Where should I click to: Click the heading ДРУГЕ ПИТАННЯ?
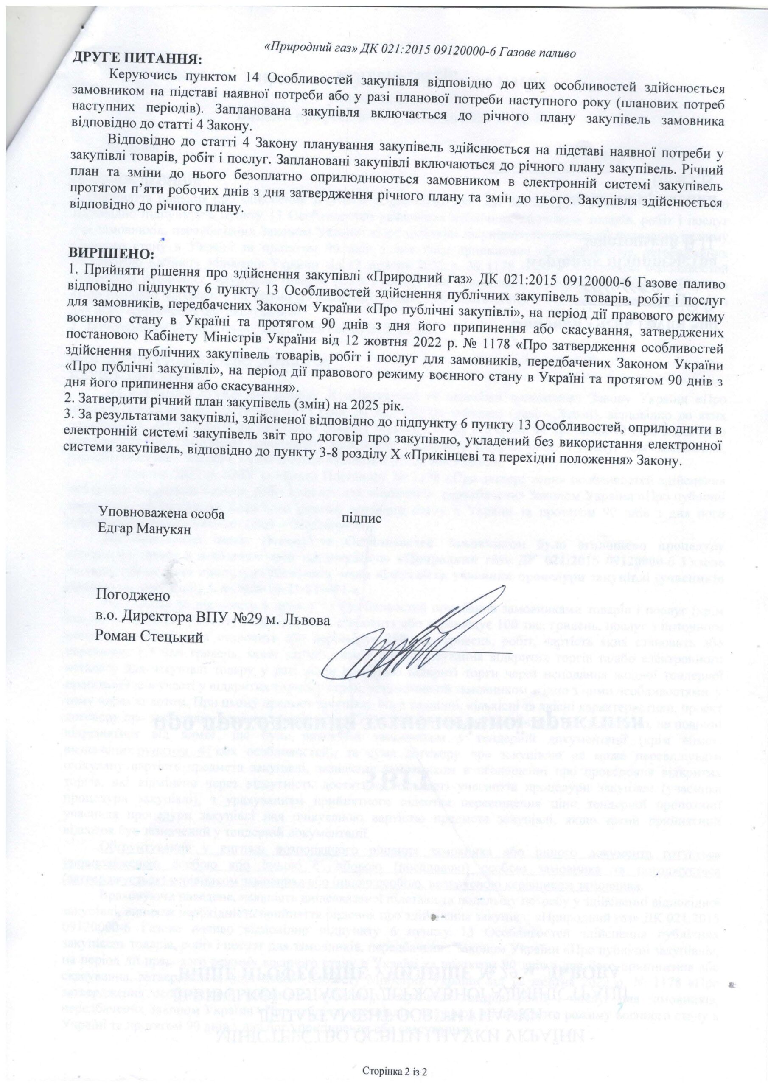pyautogui.click(x=136, y=59)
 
